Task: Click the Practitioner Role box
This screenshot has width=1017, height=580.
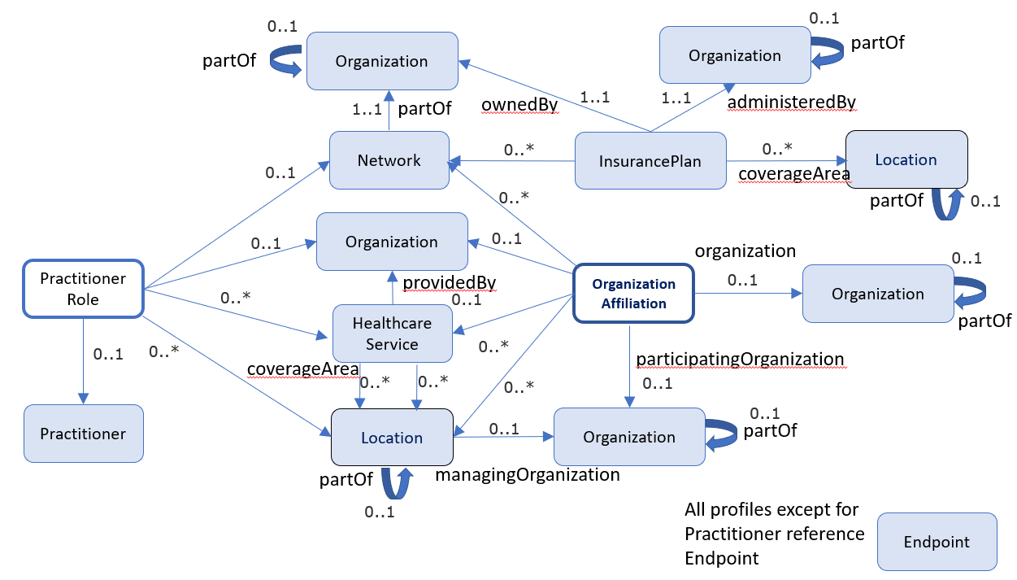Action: point(83,288)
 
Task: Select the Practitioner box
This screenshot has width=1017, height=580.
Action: point(83,434)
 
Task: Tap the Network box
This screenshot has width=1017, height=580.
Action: point(389,160)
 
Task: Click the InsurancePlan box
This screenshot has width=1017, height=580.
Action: point(650,160)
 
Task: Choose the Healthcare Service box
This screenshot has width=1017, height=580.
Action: point(392,334)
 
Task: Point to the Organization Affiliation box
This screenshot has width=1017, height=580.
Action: point(634,294)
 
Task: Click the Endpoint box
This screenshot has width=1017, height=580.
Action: point(937,542)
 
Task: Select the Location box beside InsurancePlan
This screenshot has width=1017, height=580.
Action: point(906,159)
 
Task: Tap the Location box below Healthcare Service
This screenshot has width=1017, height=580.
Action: point(392,438)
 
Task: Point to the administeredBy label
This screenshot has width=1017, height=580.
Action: point(792,102)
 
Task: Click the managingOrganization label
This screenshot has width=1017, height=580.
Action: point(528,474)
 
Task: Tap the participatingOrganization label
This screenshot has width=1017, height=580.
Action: point(740,359)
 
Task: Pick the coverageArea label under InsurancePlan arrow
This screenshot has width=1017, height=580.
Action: point(793,173)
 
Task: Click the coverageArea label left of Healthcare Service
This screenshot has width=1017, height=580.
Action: point(303,369)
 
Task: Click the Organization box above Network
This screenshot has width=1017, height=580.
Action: point(381,61)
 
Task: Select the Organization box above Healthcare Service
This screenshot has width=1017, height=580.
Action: point(392,242)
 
